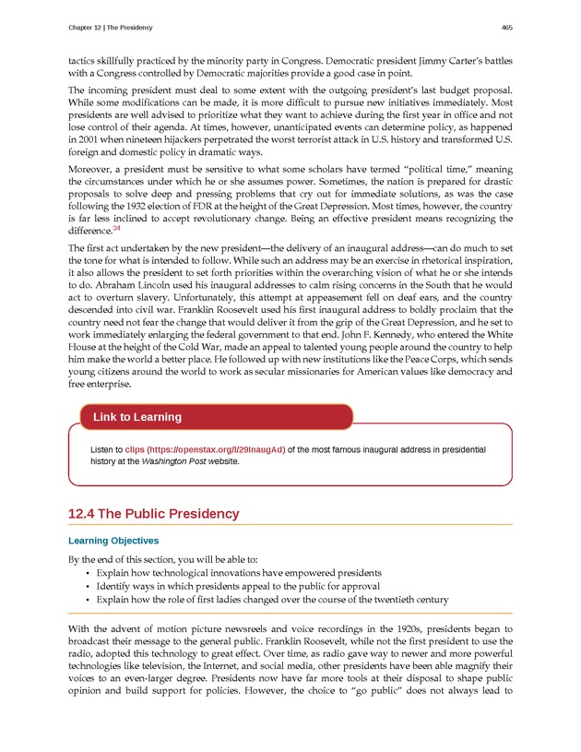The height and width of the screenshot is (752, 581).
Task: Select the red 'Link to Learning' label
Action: point(137,417)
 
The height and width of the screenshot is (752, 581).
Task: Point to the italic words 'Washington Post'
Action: point(172,460)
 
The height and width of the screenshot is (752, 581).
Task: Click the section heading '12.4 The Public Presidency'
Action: point(154,514)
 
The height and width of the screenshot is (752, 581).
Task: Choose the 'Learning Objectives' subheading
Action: point(113,541)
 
